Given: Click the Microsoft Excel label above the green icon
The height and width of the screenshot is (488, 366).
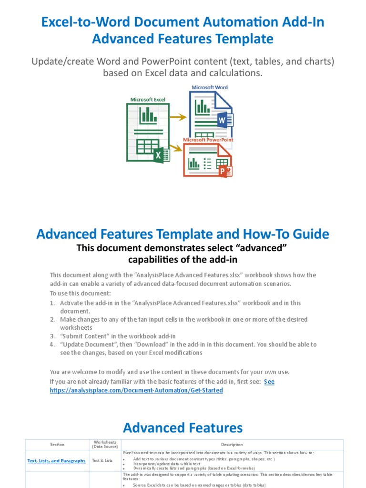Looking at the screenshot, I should click(x=148, y=99).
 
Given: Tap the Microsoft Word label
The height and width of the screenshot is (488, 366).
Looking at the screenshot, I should click(x=210, y=87).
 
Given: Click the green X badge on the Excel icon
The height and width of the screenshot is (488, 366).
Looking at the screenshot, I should click(x=161, y=155).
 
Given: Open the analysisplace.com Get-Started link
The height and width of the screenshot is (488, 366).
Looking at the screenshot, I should click(x=136, y=390).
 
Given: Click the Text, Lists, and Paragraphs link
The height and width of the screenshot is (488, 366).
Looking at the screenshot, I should click(x=56, y=461).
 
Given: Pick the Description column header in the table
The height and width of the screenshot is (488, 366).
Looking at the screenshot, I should click(x=232, y=445).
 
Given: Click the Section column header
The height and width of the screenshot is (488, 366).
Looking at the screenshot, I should click(x=57, y=445).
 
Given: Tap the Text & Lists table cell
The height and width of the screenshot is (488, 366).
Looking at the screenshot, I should click(x=102, y=461).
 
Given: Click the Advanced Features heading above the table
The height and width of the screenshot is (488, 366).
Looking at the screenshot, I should click(x=183, y=427).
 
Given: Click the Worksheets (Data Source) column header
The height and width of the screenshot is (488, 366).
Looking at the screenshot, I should click(x=102, y=445).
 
